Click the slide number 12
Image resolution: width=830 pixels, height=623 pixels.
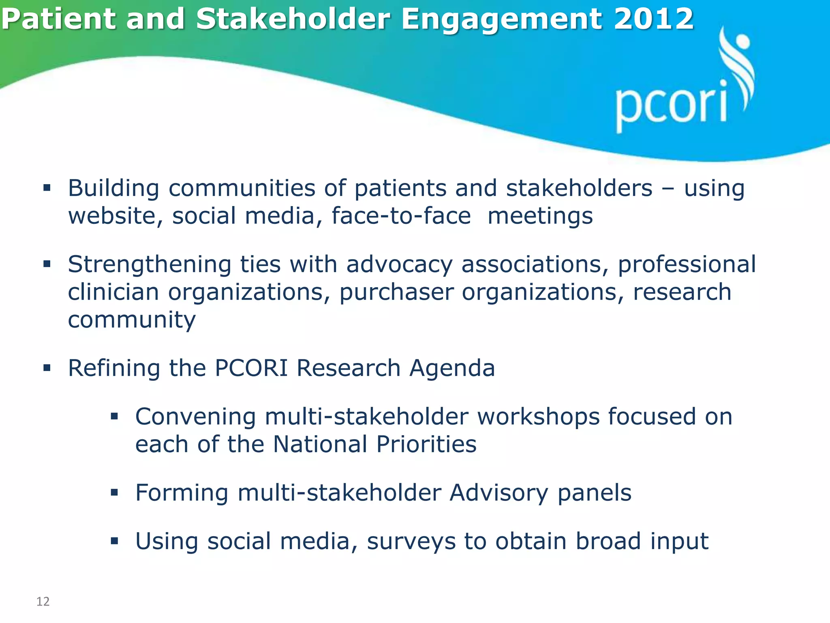(43, 602)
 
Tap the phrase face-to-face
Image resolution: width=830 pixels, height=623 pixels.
(401, 216)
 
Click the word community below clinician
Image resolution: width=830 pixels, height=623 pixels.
(132, 320)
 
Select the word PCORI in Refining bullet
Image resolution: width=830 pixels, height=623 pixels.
(251, 368)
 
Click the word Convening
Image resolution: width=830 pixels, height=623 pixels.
(195, 417)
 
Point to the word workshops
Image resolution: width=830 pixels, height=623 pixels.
(538, 417)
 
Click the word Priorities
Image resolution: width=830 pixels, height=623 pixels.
(426, 445)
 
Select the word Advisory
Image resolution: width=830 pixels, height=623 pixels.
(499, 493)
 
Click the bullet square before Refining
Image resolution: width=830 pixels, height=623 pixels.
(47, 368)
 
